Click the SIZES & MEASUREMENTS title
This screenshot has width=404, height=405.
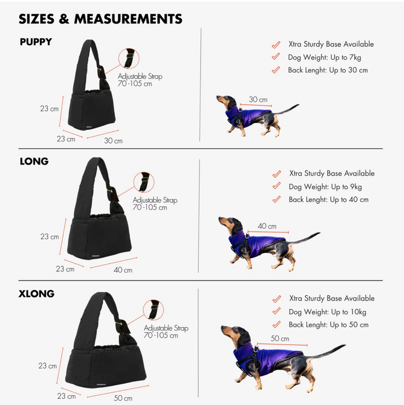coord(100,18)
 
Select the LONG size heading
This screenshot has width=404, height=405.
coord(34,161)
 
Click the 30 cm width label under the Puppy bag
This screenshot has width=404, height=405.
coord(113,141)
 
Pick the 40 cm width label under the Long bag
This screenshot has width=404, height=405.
coord(123,270)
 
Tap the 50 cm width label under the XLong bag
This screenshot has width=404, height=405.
coord(123,398)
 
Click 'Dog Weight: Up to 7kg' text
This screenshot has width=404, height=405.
coord(328,57)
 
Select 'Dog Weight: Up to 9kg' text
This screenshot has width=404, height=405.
coord(329,187)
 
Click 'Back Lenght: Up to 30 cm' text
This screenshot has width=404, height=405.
coord(328,70)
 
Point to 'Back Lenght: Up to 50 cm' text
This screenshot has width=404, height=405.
coord(329,325)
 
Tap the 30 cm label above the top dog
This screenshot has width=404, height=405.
coord(258,99)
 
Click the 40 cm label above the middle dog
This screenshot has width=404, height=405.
coord(267,226)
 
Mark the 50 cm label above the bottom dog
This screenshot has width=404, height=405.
coord(279,338)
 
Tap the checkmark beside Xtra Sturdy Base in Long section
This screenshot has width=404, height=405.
coord(276,174)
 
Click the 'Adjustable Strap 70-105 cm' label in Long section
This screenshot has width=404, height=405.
coord(155,204)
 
